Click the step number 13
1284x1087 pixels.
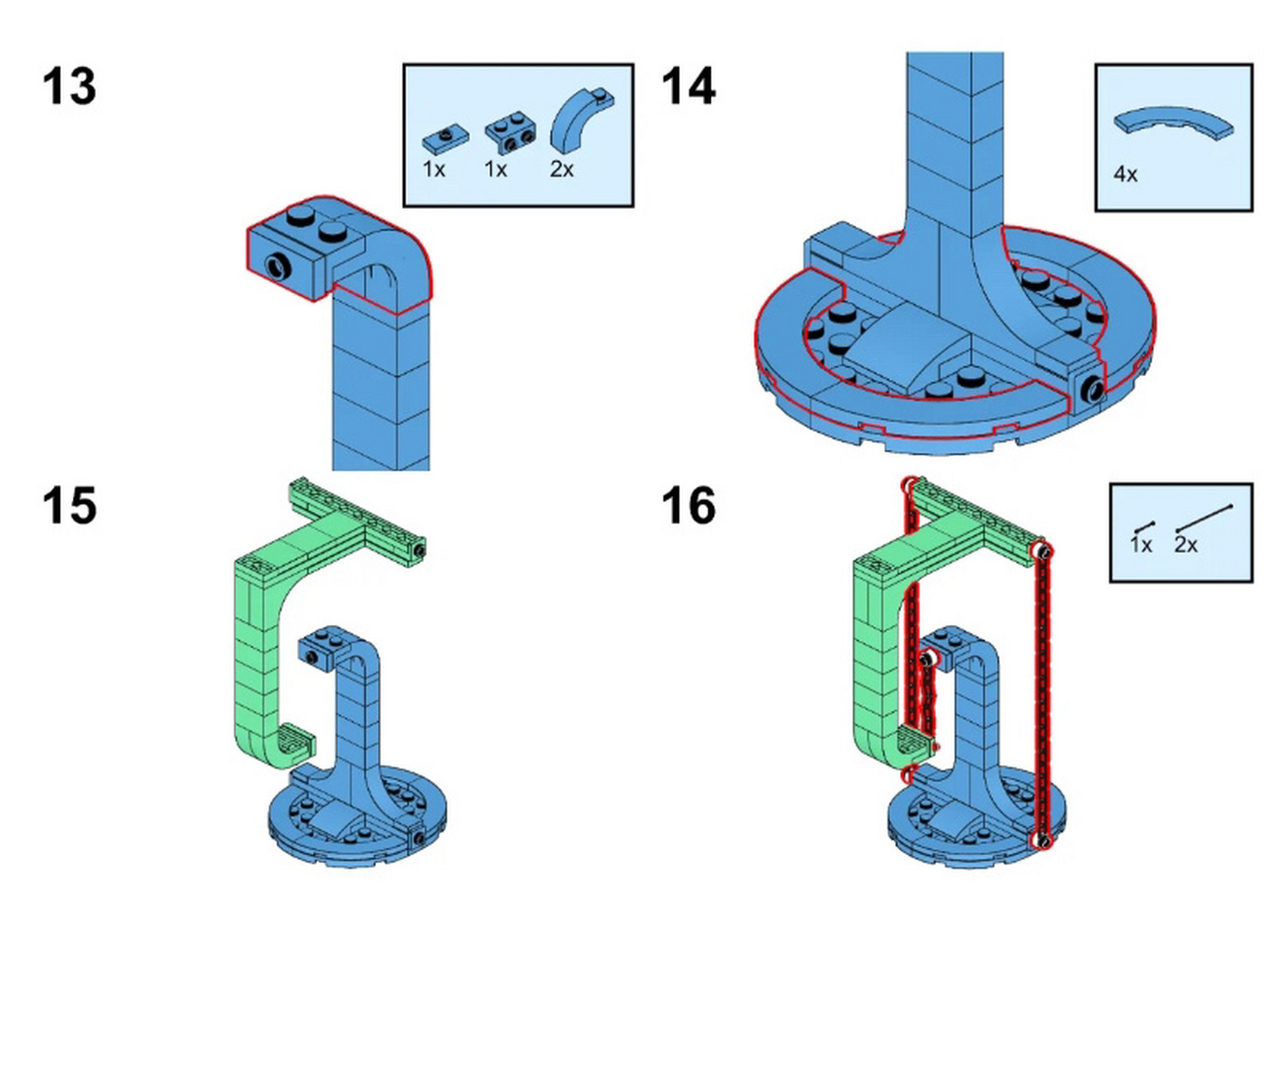click(69, 87)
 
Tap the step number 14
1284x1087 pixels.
click(688, 87)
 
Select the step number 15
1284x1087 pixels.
click(69, 506)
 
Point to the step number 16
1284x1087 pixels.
click(688, 506)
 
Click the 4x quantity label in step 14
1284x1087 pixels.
click(1125, 174)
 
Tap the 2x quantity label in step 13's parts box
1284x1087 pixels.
click(561, 169)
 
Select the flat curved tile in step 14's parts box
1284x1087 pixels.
click(1174, 122)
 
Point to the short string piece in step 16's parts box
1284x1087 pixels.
click(1144, 527)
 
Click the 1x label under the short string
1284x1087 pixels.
click(1140, 544)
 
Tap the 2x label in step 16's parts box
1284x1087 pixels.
click(1185, 544)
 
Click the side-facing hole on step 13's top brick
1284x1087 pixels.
click(279, 268)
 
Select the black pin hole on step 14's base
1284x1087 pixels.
click(1091, 390)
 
